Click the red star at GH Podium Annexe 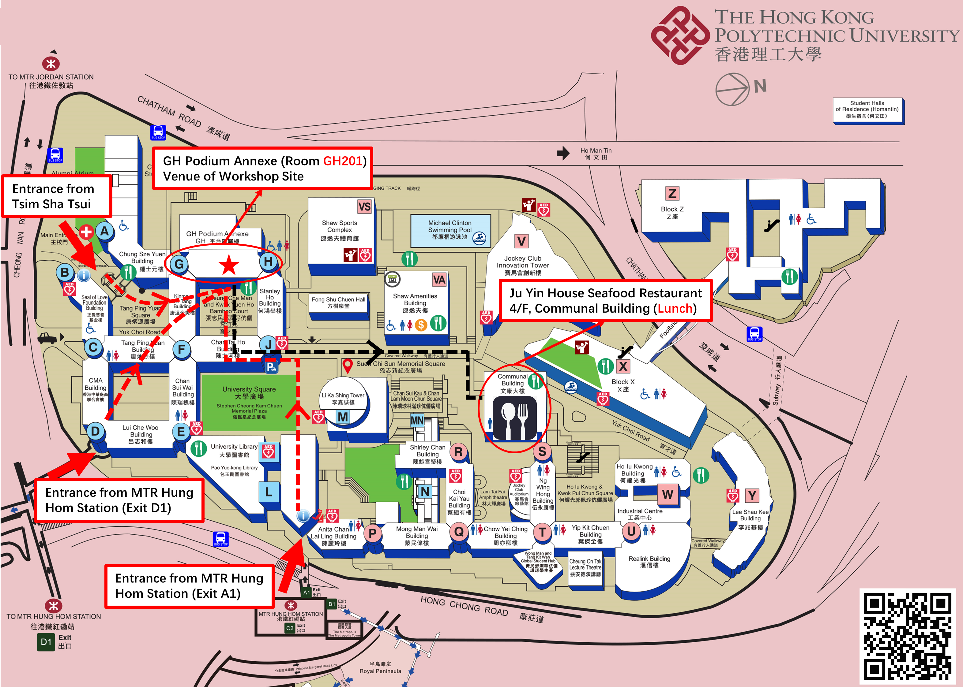point(229,265)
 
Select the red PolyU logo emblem point(680,35)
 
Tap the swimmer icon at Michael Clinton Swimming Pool point(479,239)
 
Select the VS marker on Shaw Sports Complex point(364,207)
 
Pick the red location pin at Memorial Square point(347,365)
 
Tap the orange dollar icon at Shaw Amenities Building point(420,325)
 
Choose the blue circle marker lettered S point(542,451)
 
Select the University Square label point(249,392)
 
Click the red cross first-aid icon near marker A point(86,232)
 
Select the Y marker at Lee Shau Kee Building point(752,495)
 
